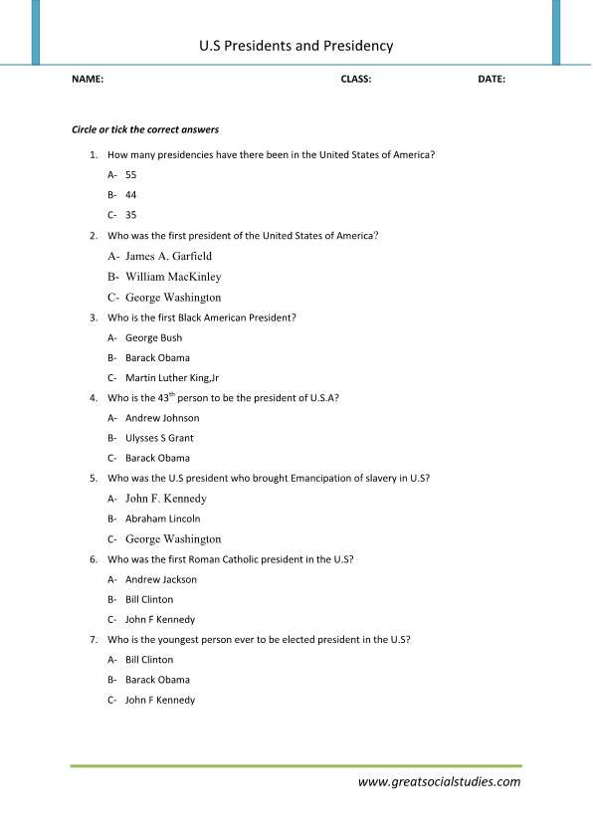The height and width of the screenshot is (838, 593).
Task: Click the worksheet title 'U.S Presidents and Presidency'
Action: [296, 46]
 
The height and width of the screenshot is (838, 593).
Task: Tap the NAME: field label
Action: [88, 80]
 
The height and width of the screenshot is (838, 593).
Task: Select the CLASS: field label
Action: [355, 80]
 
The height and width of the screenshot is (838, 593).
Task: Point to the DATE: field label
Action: [492, 80]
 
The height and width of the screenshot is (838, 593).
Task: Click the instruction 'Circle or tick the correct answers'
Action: [145, 130]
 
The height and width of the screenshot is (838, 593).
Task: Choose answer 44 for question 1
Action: [131, 194]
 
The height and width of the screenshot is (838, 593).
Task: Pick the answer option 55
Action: [131, 174]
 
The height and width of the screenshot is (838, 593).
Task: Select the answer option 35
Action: [131, 214]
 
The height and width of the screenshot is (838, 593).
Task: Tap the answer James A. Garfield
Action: [168, 256]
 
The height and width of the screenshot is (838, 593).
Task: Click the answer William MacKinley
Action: [173, 277]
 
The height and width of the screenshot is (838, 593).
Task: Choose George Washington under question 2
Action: [173, 298]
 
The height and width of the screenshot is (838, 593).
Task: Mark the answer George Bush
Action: [153, 337]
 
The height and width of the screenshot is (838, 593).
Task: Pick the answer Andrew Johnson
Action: [162, 418]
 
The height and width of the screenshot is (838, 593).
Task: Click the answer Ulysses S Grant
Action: [159, 438]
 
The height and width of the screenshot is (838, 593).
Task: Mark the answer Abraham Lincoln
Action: [162, 519]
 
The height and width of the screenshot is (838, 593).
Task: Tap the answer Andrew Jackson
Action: [161, 579]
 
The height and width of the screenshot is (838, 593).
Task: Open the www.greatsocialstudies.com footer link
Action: [439, 782]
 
